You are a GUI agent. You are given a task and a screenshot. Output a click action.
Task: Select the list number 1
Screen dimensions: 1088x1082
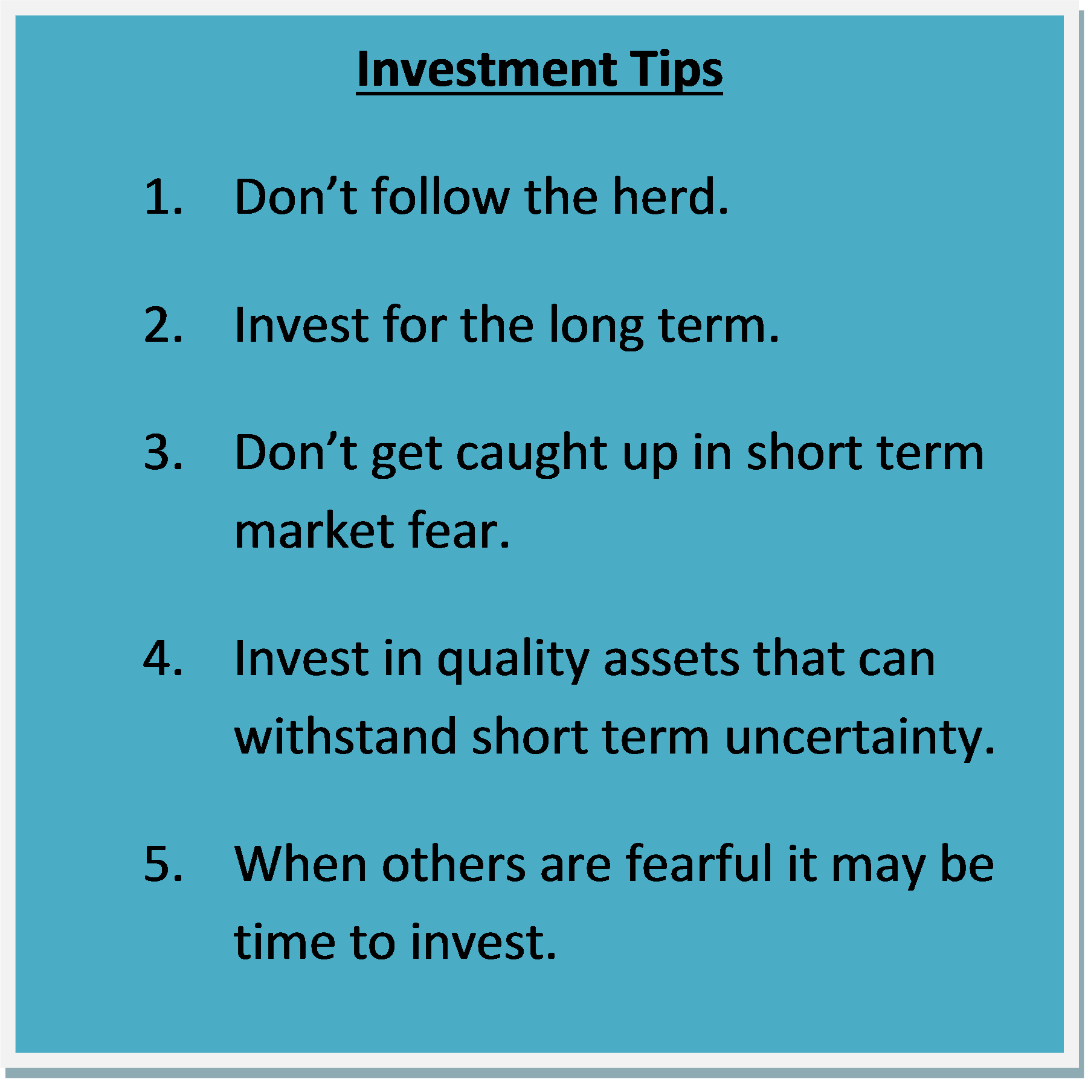tap(163, 197)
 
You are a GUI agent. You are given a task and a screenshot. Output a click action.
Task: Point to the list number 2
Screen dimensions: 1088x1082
tap(163, 325)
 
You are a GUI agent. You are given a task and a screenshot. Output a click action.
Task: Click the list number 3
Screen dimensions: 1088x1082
tap(163, 452)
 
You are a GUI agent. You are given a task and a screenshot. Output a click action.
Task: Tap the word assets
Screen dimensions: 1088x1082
tap(671, 659)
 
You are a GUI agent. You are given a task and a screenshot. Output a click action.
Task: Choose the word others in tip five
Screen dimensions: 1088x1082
tap(454, 863)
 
